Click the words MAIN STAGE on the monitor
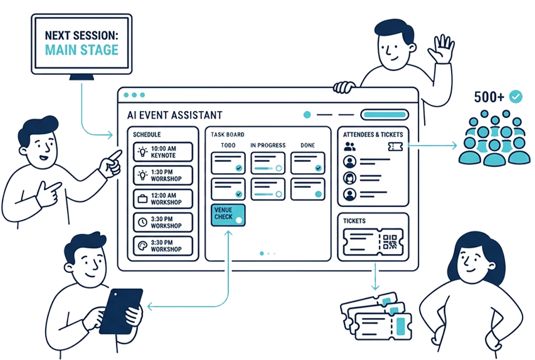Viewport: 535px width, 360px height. pos(82,50)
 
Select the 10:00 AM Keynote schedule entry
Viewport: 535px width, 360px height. pos(163,152)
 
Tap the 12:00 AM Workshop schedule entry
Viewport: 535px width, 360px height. pos(163,199)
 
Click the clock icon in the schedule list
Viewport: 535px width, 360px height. pos(142,222)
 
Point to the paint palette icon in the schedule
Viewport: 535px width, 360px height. pos(142,245)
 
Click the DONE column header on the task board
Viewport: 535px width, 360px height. pos(307,145)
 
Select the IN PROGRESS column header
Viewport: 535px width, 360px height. pos(267,145)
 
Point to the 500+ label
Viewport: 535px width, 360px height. pos(489,97)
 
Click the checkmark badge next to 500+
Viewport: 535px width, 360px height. pos(516,97)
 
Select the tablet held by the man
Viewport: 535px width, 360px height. pos(120,311)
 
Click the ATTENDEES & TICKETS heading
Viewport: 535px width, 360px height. pos(373,134)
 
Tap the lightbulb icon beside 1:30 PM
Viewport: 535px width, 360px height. pos(142,175)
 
